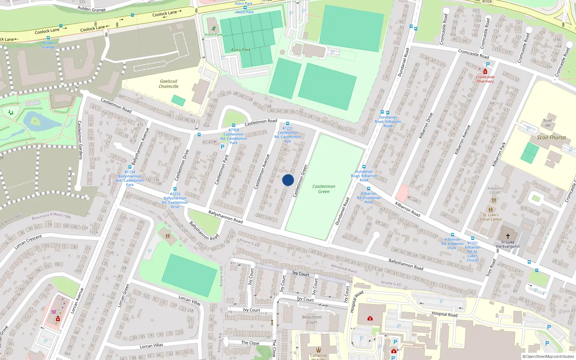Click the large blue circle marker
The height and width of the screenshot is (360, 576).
[288, 180]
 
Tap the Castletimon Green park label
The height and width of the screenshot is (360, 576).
[324, 189]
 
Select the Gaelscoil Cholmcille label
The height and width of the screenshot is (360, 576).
[168, 84]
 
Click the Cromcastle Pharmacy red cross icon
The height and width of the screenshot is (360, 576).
[485, 72]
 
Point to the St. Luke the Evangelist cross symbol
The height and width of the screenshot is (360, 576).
[508, 236]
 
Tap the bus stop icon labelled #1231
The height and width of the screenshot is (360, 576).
[288, 123]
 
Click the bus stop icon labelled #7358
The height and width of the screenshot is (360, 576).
[234, 125]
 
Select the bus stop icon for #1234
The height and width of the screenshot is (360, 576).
[130, 167]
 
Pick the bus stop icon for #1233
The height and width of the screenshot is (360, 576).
[175, 189]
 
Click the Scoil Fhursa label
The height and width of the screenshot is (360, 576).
[551, 138]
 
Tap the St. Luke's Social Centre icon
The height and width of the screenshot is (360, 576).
[490, 210]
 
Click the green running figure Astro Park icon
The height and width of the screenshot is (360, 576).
[214, 28]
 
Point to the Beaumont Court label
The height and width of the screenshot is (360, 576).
[312, 320]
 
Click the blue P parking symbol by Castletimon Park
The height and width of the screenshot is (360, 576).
[222, 147]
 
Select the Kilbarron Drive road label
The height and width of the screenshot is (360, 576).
[426, 126]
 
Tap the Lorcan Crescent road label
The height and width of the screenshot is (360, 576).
[28, 242]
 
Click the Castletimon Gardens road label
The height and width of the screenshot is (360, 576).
[80, 140]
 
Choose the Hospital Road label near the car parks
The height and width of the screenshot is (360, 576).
[444, 314]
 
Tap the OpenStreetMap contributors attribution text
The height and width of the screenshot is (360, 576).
[549, 357]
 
